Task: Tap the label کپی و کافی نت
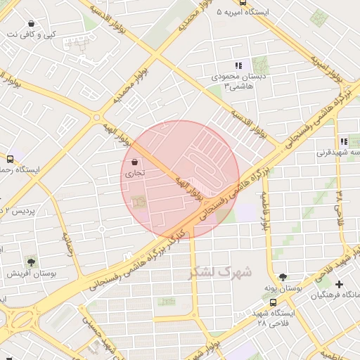32,34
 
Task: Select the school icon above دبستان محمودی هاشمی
238,65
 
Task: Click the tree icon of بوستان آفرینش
31,260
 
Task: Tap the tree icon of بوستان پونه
283,277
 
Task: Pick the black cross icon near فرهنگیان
340,284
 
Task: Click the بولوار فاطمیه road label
265,211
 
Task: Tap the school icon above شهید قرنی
344,141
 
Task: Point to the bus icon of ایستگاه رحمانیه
10,159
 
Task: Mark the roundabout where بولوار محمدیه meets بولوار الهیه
96,117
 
